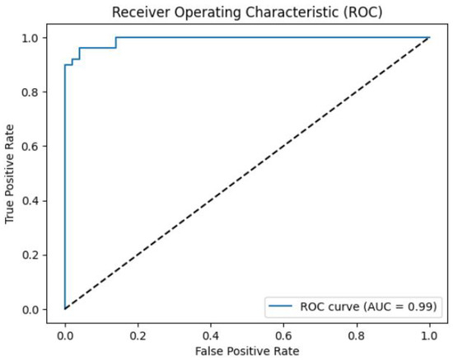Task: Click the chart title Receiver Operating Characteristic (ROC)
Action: click(247, 11)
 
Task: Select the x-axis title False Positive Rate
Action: click(247, 350)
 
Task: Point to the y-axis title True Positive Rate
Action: click(11, 174)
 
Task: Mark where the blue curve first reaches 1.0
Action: click(116, 37)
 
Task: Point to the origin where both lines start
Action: click(64, 310)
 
